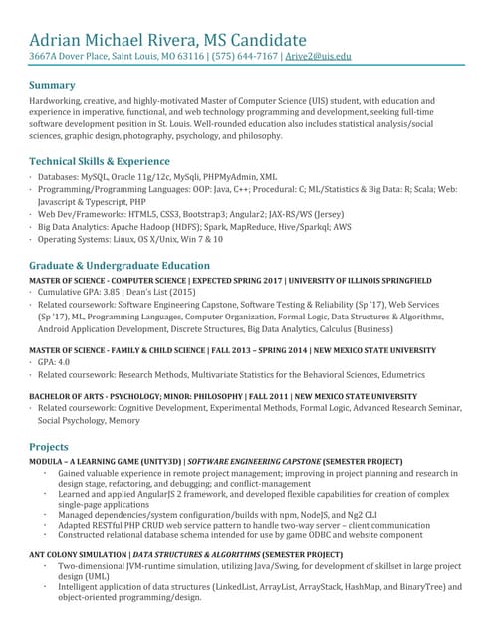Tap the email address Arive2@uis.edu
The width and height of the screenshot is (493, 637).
319,57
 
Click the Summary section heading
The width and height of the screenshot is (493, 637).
56,85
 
